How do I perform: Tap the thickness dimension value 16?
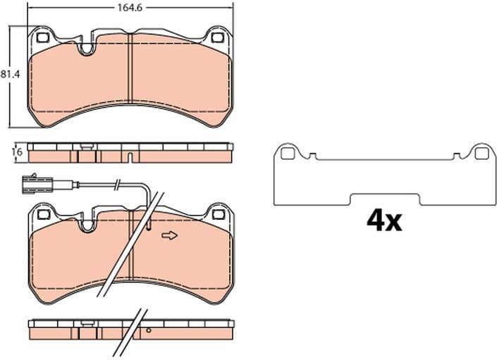[x=16, y=151]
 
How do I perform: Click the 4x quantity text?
[x=384, y=221]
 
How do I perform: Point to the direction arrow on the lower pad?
[x=169, y=236]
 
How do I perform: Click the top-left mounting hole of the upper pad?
[x=42, y=38]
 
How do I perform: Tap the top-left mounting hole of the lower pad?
[x=42, y=212]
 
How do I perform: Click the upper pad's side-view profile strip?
[x=131, y=151]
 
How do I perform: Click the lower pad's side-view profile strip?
[x=131, y=328]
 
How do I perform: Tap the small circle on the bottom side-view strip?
[x=148, y=330]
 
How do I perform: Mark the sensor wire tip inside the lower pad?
[x=150, y=227]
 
